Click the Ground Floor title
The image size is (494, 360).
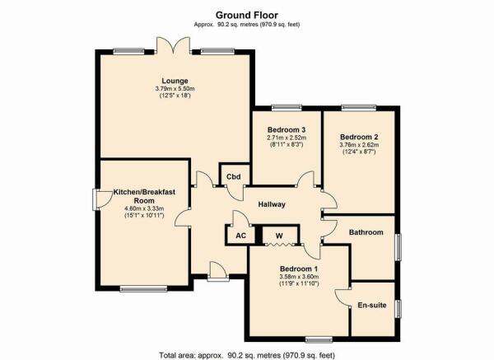[247, 15]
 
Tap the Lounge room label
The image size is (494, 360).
[175, 81]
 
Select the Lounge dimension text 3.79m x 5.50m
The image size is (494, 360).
[175, 89]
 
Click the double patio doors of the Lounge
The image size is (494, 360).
[173, 45]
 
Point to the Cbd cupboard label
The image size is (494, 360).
[234, 176]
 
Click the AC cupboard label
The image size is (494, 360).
[240, 236]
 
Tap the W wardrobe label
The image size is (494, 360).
[279, 236]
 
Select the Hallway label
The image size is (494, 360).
[272, 204]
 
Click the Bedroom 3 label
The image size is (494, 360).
[287, 129]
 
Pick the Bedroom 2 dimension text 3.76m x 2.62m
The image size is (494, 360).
[359, 145]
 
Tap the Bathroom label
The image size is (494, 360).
[366, 232]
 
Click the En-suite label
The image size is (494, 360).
[372, 305]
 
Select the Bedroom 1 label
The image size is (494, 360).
[299, 269]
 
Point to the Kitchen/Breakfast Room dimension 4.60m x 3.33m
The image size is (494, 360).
[144, 208]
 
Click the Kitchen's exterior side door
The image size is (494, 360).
[102, 199]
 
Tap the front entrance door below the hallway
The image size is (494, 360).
[217, 271]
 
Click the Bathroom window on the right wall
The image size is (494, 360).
[398, 247]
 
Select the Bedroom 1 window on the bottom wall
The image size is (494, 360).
[319, 339]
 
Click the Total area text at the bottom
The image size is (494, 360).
[247, 355]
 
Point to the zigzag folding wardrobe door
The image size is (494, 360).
[279, 245]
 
